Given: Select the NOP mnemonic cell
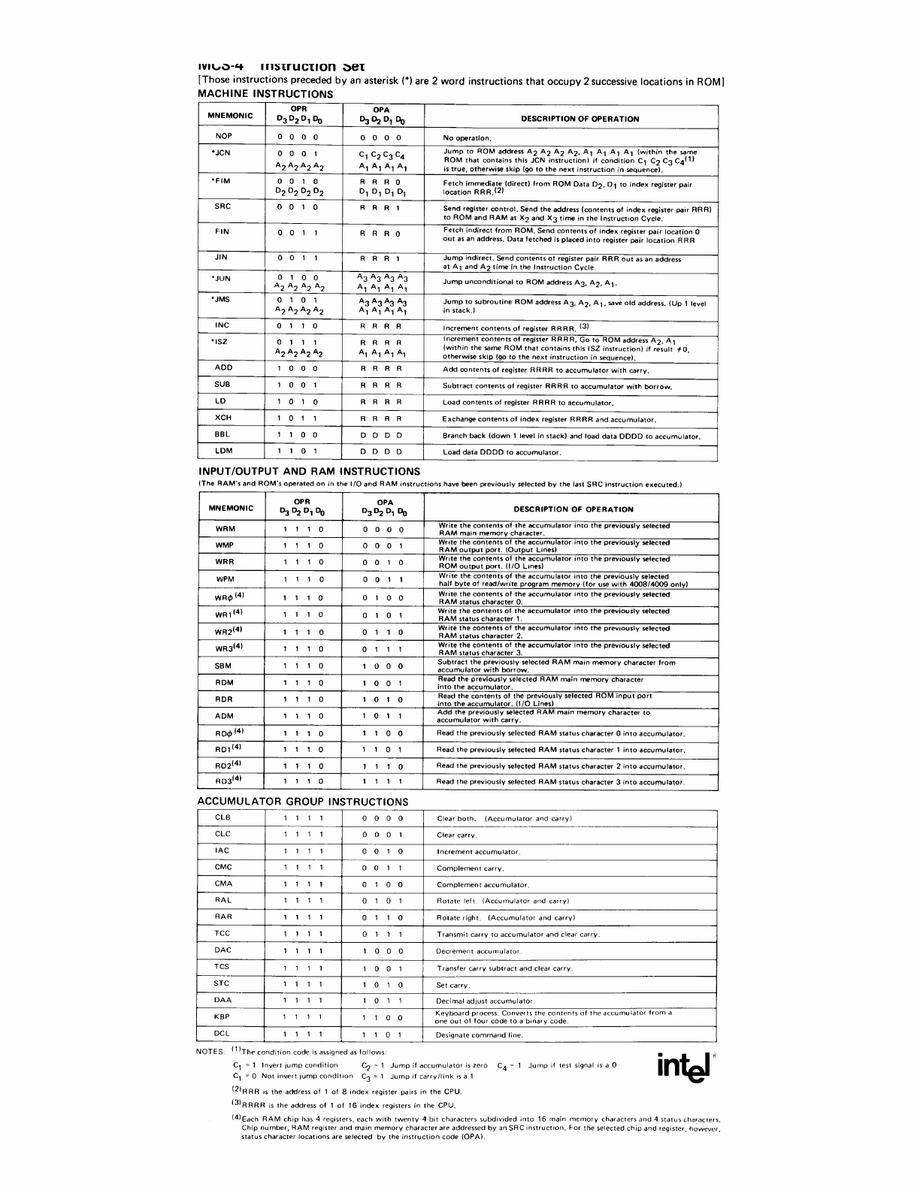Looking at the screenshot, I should tap(223, 137).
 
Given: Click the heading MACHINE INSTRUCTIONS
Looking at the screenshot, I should tap(265, 94).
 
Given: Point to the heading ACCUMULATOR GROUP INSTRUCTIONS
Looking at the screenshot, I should tap(302, 802).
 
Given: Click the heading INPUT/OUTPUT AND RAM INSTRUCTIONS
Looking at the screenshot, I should tap(308, 471).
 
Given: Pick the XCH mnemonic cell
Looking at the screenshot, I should tap(223, 418).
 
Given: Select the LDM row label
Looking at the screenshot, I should tap(223, 451).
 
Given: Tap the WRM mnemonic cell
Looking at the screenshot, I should tap(225, 529).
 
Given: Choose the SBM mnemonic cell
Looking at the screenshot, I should tap(224, 666).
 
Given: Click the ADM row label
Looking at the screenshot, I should tap(224, 716).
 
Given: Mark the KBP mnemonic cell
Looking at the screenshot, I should tap(222, 1016).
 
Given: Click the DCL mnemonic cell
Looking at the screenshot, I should tap(222, 1034).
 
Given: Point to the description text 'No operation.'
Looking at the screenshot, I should tap(467, 138).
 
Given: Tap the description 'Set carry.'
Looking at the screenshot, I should tap(453, 985).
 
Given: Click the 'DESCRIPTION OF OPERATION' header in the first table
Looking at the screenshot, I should tap(580, 119).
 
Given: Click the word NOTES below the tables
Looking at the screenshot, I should tap(210, 1052).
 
